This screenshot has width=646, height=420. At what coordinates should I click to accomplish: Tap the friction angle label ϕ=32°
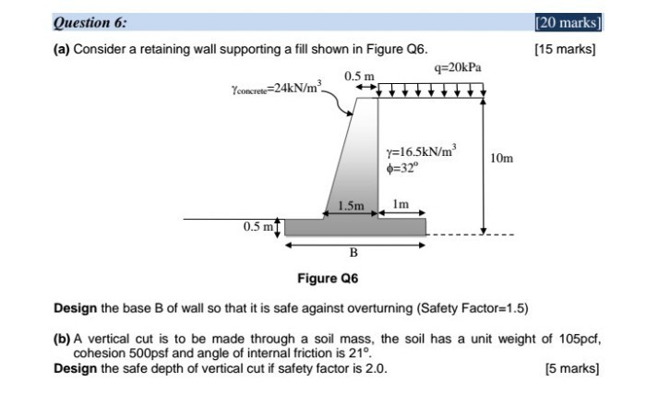(402, 168)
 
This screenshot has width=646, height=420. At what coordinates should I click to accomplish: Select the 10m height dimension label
(503, 159)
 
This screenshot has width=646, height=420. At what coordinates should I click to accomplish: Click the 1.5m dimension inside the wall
(352, 204)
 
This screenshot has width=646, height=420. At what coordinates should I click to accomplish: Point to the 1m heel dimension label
(401, 204)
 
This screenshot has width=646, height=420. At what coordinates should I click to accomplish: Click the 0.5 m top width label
(359, 75)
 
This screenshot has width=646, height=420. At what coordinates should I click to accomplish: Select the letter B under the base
(353, 252)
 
